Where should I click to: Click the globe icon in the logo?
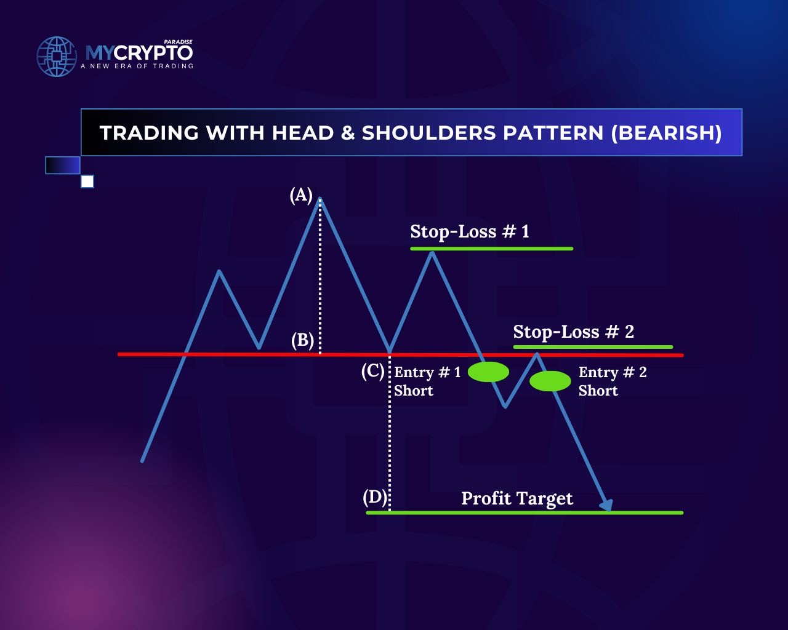click(57, 57)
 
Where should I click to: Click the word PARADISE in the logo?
click(178, 42)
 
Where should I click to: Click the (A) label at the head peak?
click(301, 195)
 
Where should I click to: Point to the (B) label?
click(302, 340)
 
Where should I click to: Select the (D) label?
click(374, 498)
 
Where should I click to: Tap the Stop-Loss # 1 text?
click(470, 232)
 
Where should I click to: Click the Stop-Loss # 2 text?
click(573, 332)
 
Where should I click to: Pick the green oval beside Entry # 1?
click(488, 372)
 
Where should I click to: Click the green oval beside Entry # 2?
click(550, 381)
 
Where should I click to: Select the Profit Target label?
click(517, 498)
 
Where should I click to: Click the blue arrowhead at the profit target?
click(606, 505)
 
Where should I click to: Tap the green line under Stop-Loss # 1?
click(491, 249)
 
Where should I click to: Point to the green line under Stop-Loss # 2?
click(593, 346)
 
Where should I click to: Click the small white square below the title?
click(87, 181)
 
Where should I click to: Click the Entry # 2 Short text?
click(613, 381)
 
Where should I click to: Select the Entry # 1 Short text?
click(427, 381)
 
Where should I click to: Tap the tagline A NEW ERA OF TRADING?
click(137, 66)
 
